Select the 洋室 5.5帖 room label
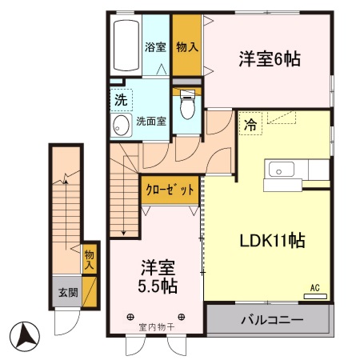click(x=156, y=276)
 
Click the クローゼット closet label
click(x=169, y=190)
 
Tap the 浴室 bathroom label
click(x=155, y=47)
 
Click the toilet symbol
click(x=188, y=103)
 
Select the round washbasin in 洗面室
click(x=122, y=125)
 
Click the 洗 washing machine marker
click(x=120, y=101)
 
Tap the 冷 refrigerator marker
click(x=250, y=124)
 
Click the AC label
click(x=314, y=287)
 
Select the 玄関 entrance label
click(x=67, y=293)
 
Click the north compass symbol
click(x=26, y=334)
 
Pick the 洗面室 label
click(x=151, y=122)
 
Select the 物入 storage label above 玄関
click(x=89, y=259)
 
